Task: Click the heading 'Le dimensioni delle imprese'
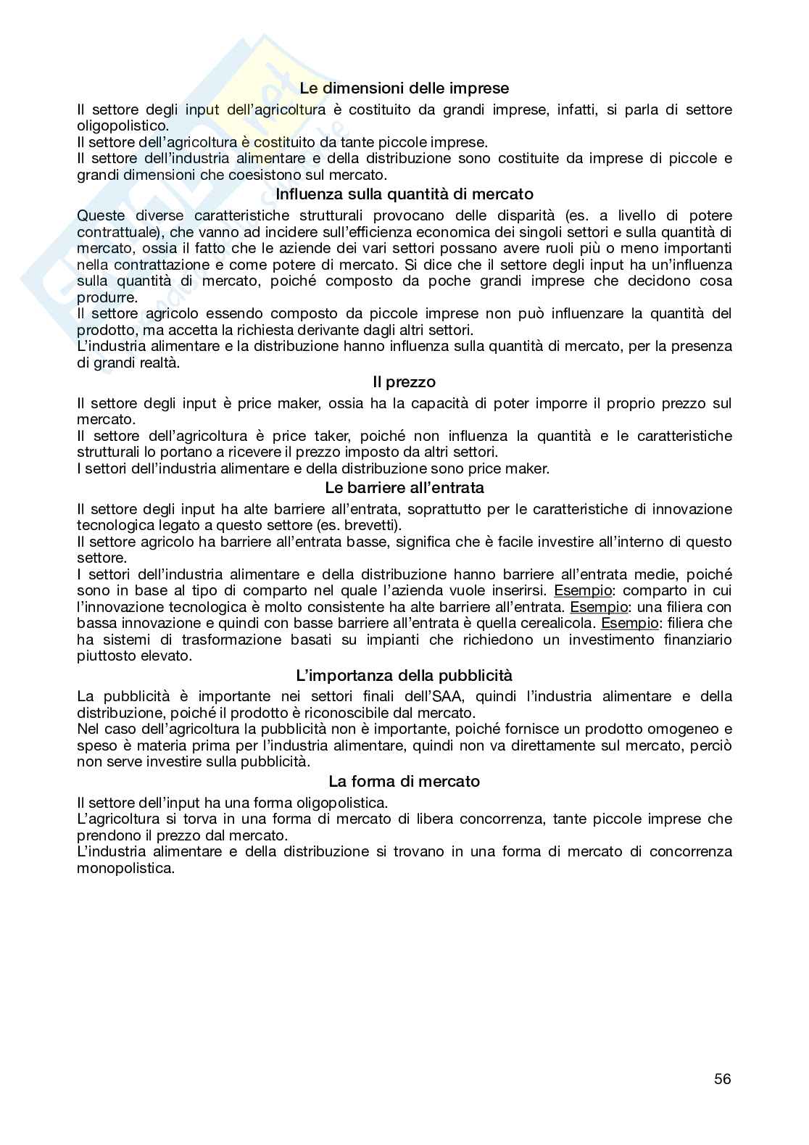click(404, 88)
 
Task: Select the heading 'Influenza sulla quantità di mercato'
click(404, 194)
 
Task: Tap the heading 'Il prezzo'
click(404, 381)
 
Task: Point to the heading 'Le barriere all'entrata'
click(404, 488)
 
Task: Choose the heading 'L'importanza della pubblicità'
click(404, 675)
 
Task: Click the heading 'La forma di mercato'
click(404, 781)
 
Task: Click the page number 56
click(722, 1078)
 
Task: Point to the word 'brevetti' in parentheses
click(373, 525)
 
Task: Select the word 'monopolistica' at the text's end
click(125, 867)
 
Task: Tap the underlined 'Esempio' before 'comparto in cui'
click(583, 590)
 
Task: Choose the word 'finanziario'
click(689, 640)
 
